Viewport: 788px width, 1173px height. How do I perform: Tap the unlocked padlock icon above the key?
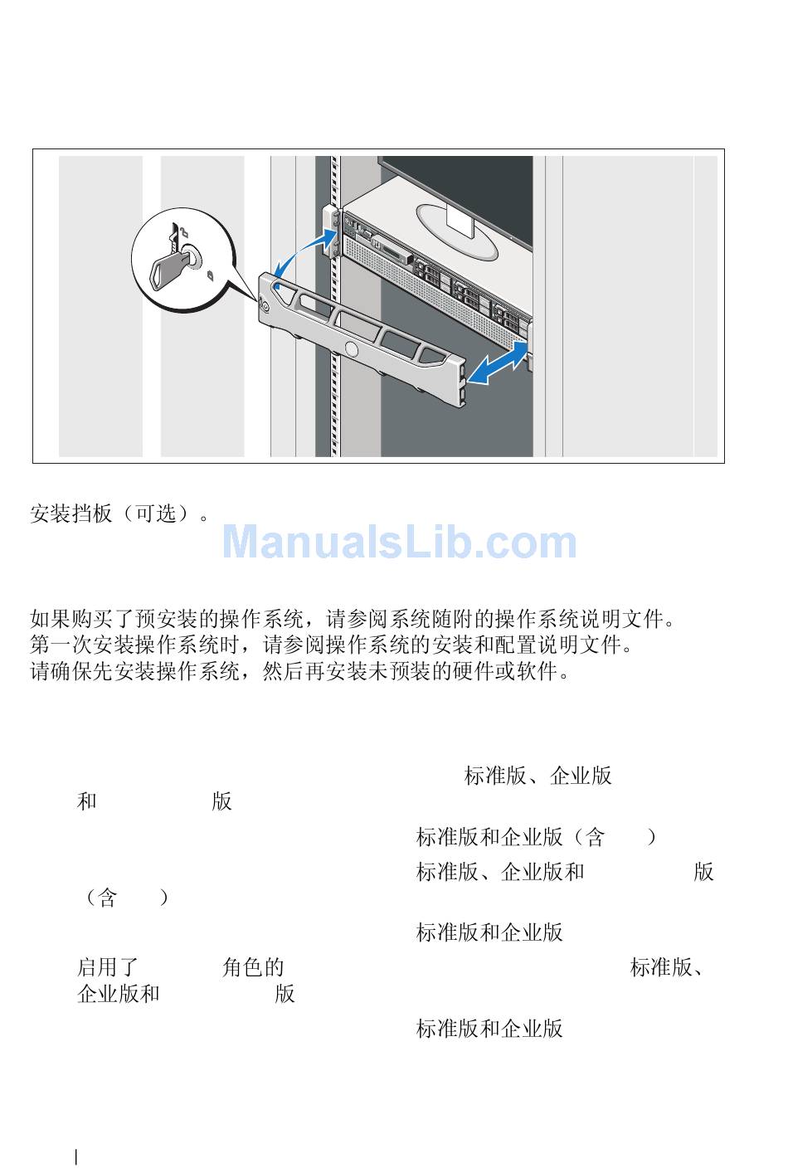[x=183, y=231]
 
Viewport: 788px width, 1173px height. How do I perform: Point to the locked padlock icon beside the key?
[x=211, y=275]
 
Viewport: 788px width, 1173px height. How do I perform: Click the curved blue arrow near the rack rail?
[x=304, y=254]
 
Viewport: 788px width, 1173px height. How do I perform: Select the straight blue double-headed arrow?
[x=498, y=362]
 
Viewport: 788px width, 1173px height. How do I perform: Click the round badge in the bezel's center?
[x=351, y=348]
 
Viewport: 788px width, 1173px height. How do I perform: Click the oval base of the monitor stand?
[x=456, y=232]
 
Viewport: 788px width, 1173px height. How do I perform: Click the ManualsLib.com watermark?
[x=400, y=543]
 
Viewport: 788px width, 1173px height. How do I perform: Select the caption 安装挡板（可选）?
[x=119, y=513]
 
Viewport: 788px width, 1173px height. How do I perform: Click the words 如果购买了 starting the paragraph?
[x=82, y=619]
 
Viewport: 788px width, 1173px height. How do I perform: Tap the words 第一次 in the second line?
[x=61, y=645]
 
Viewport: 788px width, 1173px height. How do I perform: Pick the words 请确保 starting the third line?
[x=61, y=671]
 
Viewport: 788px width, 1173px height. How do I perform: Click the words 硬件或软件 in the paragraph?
[x=505, y=671]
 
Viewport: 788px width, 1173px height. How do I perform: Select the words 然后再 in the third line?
[x=294, y=671]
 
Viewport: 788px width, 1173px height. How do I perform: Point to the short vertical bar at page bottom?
[x=77, y=1156]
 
